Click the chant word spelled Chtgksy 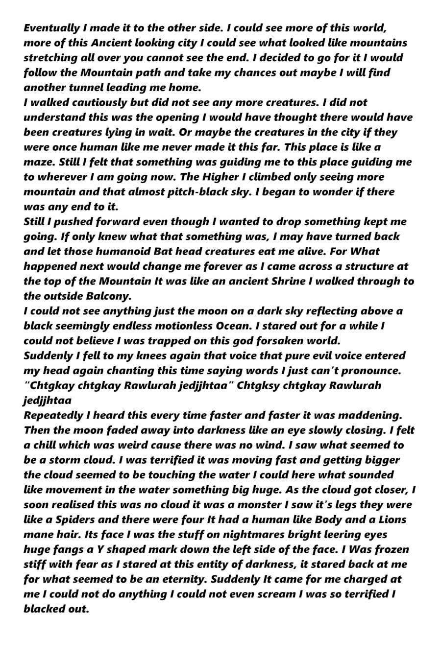click(265, 385)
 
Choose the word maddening click(373, 415)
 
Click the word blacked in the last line click(44, 609)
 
